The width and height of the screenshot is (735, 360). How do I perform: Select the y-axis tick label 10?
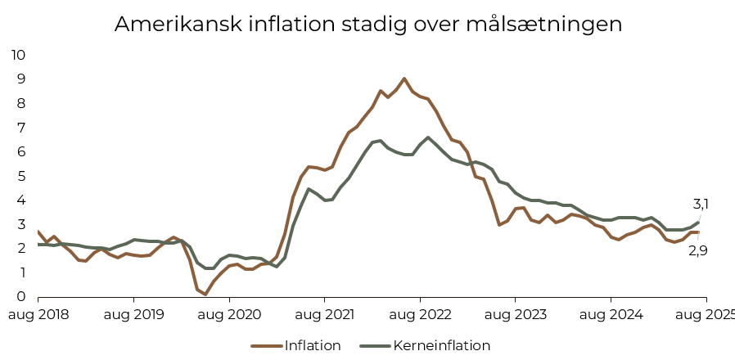coord(18,55)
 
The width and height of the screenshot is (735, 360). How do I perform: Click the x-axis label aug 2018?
coord(38,314)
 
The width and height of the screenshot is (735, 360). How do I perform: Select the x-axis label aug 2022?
coord(420,314)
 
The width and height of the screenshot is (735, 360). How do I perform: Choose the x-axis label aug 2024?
coord(611,314)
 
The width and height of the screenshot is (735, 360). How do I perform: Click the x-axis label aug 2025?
coord(706,314)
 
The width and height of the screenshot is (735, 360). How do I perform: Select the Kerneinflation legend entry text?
coord(442,345)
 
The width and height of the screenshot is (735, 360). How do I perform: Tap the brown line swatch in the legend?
coord(264,345)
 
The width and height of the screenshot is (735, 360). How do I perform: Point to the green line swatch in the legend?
coord(373,345)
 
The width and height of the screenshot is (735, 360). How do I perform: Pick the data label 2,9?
coord(697,250)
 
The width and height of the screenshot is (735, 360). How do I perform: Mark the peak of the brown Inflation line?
coord(404,79)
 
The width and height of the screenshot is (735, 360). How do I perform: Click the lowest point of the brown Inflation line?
coord(205,294)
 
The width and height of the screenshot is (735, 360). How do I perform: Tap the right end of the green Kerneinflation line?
coord(698,222)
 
